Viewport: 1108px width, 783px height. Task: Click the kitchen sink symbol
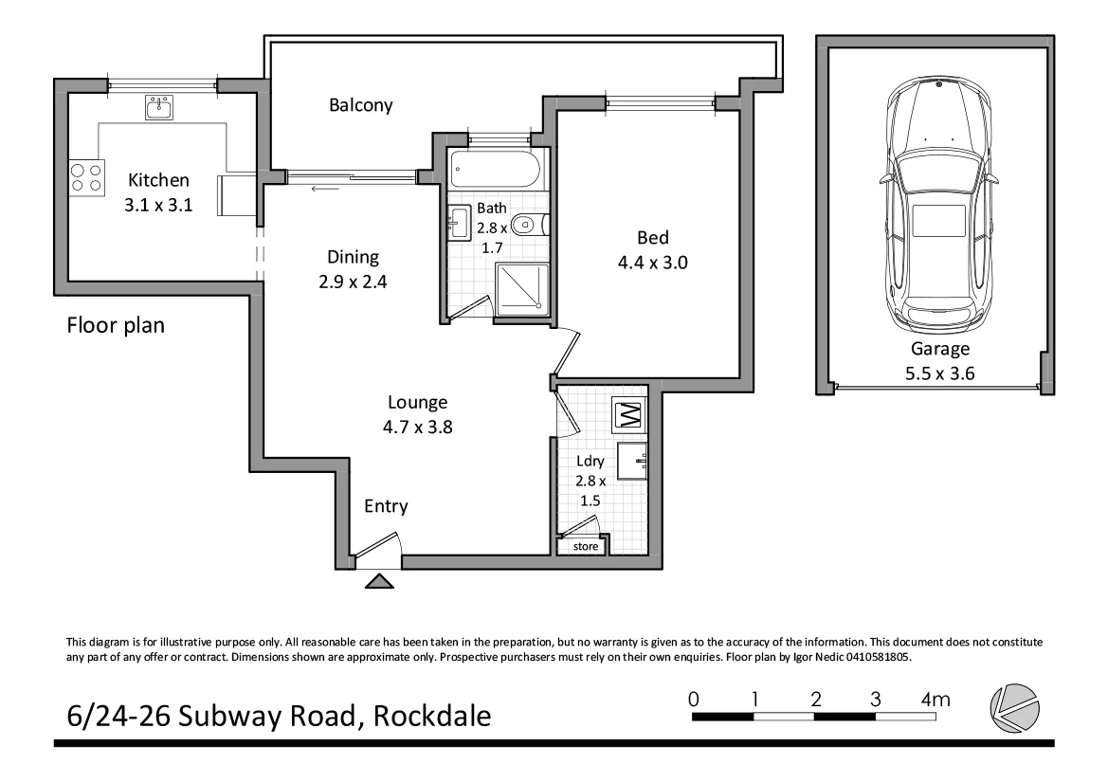tap(159, 108)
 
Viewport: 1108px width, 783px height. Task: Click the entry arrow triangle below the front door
tap(379, 582)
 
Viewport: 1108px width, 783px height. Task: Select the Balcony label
tap(360, 105)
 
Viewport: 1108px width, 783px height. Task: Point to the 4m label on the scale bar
tap(935, 700)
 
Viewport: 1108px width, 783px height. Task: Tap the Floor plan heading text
tap(116, 326)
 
